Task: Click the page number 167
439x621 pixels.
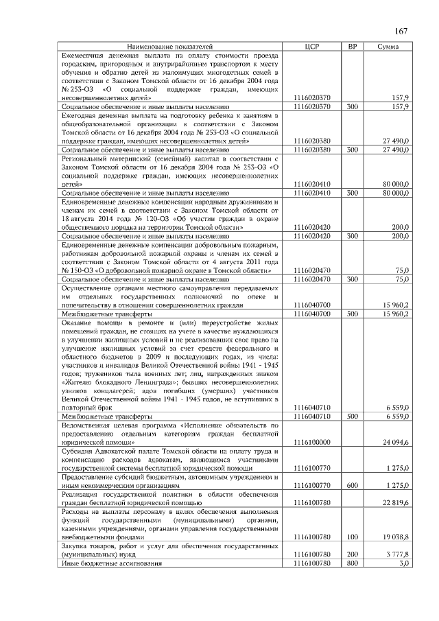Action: (x=401, y=32)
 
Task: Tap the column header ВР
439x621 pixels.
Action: (x=353, y=46)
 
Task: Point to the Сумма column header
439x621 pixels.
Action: (x=389, y=46)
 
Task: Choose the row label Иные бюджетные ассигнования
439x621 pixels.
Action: (x=112, y=563)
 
